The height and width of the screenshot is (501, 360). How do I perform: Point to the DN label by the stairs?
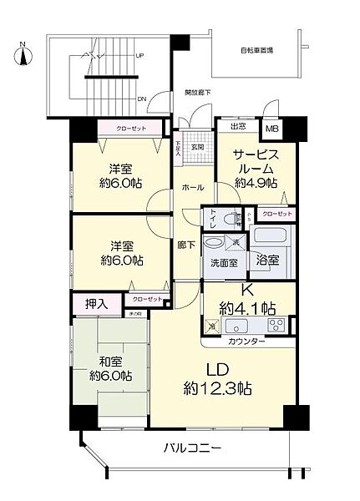click(142, 99)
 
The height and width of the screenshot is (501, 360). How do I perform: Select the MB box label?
click(272, 129)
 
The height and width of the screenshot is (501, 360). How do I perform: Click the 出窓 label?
click(237, 127)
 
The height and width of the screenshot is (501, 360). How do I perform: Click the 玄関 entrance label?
click(197, 147)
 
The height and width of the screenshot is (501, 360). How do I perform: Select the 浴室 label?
click(268, 260)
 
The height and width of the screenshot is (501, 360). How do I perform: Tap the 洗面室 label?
click(222, 263)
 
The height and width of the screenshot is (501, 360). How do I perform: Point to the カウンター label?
click(247, 341)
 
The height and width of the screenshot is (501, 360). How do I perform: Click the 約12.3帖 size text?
click(219, 388)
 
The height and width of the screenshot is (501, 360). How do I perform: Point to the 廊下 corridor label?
click(186, 245)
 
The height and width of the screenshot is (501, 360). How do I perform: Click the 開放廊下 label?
click(198, 93)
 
